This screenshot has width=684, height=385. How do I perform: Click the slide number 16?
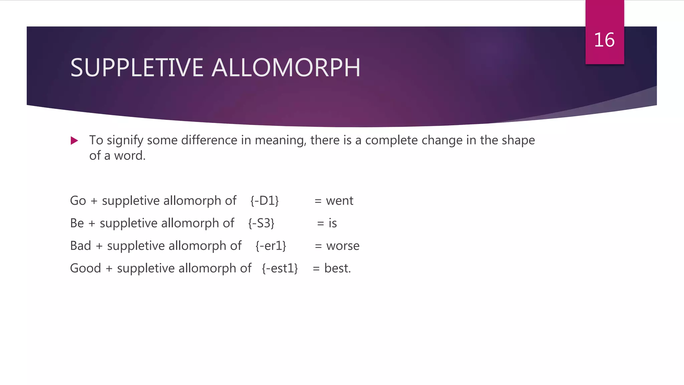pos(604,40)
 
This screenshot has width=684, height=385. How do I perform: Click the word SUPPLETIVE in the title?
pos(137,68)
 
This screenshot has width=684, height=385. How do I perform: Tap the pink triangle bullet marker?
pos(74,141)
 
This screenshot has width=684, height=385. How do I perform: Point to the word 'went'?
pos(339,201)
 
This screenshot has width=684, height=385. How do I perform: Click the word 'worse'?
pos(343,246)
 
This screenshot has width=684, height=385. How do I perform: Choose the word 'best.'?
pos(337,268)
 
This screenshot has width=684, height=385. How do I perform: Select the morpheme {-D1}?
pos(265,201)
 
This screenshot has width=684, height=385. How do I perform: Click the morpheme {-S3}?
pos(261,223)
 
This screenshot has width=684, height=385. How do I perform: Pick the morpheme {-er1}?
pos(271,246)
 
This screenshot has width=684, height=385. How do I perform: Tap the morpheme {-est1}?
pos(280,268)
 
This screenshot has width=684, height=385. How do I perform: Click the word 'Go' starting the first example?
pos(78,201)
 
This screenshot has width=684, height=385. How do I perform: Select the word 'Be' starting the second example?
pos(77,223)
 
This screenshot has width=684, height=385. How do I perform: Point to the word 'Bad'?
pos(80,246)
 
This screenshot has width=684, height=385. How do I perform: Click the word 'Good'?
pos(85,268)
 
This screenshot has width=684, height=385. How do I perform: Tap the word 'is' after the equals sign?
pos(333,223)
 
